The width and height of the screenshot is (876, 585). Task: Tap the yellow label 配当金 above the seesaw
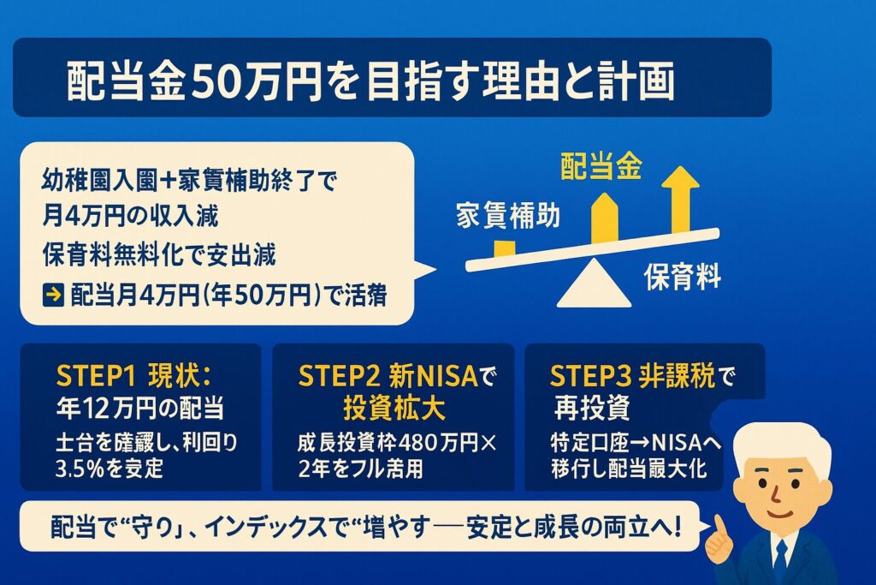pos(611,164)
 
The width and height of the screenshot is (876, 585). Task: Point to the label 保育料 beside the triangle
pos(683,277)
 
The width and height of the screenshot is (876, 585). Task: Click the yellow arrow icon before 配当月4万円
pos(52,295)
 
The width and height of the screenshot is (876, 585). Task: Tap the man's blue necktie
pos(779,561)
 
